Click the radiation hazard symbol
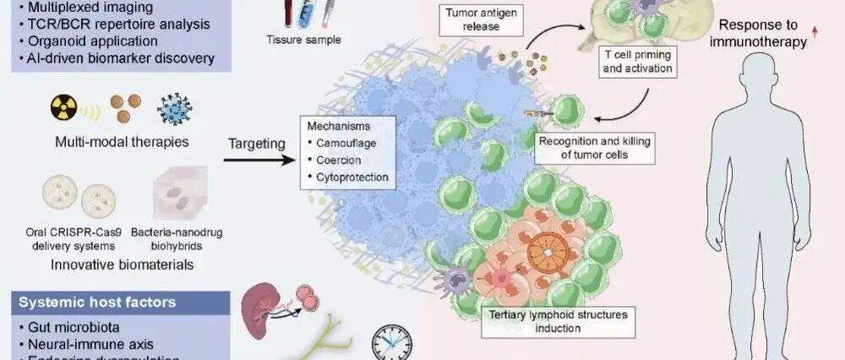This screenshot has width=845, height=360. tap(64, 110)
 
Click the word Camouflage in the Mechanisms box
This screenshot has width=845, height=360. tap(343, 143)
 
